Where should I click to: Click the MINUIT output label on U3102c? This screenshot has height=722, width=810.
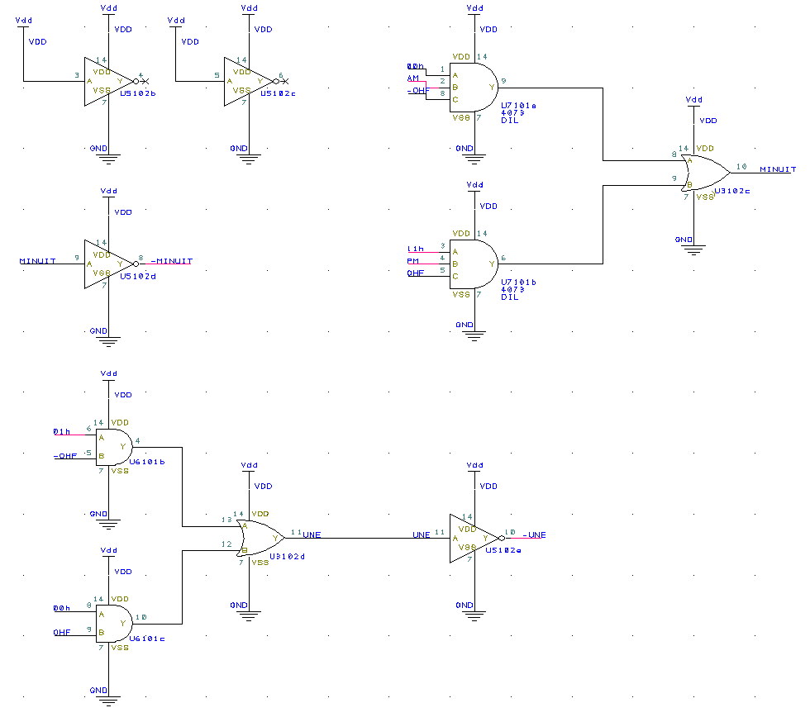click(778, 170)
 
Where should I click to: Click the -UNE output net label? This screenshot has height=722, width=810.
click(534, 534)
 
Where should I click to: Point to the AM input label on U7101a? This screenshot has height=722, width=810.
click(413, 78)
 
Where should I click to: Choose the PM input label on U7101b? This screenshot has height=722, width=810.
click(413, 260)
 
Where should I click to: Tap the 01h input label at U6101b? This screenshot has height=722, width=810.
click(61, 431)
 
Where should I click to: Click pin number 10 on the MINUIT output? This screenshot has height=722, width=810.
click(741, 166)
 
